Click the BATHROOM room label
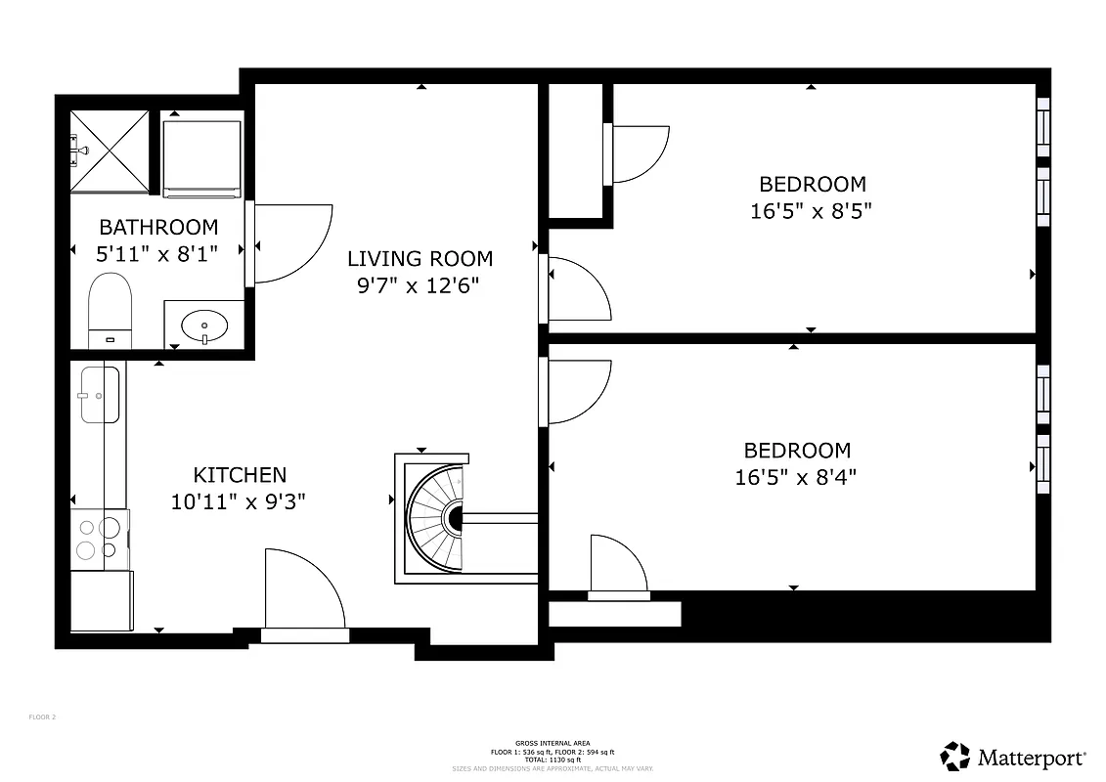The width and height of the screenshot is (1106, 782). click(158, 227)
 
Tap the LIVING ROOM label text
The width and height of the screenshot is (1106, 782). click(420, 258)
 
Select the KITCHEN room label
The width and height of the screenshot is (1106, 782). click(240, 475)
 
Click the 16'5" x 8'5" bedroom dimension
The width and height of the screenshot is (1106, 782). click(811, 211)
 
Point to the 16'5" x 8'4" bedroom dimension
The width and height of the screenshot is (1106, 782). click(796, 478)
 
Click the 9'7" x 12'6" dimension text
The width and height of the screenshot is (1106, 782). click(420, 285)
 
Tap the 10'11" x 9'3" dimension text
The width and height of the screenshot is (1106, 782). click(240, 502)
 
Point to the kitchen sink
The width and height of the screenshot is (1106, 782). click(100, 395)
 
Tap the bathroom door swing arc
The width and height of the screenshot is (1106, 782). click(293, 243)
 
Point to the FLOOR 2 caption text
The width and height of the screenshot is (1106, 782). click(42, 717)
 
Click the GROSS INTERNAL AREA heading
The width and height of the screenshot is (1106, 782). click(553, 744)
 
